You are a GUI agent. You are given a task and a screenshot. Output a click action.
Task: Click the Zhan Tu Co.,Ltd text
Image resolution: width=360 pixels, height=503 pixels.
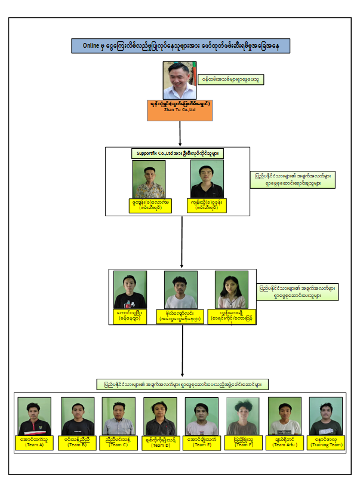click(180, 109)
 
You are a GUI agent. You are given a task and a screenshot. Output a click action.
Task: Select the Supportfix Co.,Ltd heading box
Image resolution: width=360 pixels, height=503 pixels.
click(178, 154)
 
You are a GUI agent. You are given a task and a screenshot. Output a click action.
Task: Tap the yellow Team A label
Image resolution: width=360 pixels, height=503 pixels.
click(34, 442)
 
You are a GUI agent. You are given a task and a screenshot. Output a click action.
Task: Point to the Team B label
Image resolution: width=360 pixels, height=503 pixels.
click(77, 442)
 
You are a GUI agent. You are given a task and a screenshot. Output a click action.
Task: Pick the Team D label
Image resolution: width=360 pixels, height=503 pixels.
click(160, 442)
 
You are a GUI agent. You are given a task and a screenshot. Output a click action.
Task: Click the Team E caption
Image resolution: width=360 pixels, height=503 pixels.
click(201, 442)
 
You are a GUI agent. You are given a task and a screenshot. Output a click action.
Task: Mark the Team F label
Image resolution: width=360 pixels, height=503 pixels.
click(243, 442)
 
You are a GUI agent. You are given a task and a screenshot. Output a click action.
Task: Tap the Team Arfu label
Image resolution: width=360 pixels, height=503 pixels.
click(284, 442)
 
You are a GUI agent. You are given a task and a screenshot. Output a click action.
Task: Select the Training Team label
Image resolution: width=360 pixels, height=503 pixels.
click(326, 442)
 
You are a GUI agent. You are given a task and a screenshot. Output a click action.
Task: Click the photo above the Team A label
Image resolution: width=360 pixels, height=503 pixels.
click(34, 416)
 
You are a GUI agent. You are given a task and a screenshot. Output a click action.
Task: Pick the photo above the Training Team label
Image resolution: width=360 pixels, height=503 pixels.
click(326, 416)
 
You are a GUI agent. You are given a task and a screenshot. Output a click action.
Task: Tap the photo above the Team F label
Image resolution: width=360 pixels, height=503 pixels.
click(243, 416)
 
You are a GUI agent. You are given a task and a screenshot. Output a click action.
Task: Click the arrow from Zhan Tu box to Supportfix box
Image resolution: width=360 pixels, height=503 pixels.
click(180, 133)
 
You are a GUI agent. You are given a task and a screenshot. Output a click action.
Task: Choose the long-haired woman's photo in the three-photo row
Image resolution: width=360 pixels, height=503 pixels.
click(232, 290)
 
